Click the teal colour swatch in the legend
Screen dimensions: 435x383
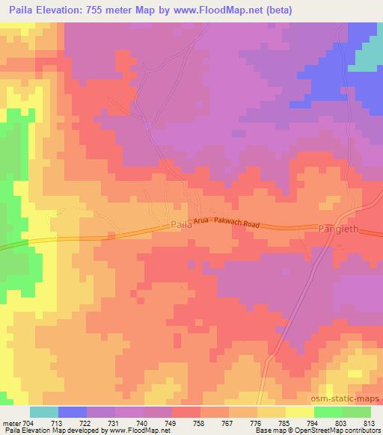pyautogui.click(x=44, y=411)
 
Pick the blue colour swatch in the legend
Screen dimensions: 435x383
pyautogui.click(x=73, y=411)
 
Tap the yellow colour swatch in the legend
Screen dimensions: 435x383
pyautogui.click(x=300, y=411)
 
